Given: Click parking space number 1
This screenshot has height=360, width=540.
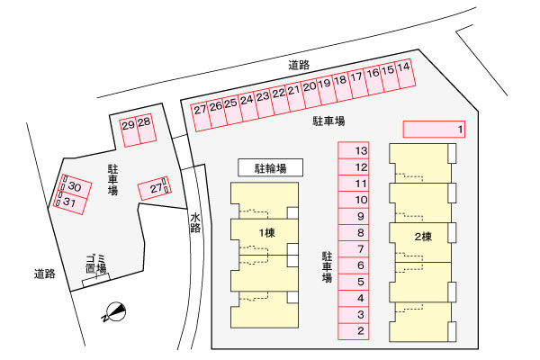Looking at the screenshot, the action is (x=434, y=130).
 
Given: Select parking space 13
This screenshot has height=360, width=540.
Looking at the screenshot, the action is (x=354, y=150).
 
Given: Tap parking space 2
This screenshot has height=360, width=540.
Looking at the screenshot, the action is (x=354, y=331).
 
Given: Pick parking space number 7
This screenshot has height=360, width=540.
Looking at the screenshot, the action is (x=354, y=248).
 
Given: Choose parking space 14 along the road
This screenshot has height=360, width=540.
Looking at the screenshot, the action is (x=405, y=74).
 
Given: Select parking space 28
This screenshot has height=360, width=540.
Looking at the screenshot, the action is (x=146, y=129).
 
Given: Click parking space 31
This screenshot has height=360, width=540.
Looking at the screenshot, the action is (x=69, y=202).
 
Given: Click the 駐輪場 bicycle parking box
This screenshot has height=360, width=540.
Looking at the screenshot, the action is (x=271, y=167).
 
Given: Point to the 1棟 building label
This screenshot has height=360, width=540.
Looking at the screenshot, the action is (x=267, y=233).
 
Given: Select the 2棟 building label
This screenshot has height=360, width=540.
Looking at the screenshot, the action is (x=423, y=237).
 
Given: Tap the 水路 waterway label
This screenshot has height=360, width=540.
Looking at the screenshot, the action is (x=195, y=222).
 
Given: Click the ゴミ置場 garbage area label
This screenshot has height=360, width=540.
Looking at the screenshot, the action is (x=96, y=265).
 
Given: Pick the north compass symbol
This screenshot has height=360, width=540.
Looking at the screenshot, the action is (x=114, y=312).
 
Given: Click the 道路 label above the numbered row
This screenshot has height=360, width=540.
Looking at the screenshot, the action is (x=299, y=65).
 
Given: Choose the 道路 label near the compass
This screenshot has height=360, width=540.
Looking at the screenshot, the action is (x=45, y=274).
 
